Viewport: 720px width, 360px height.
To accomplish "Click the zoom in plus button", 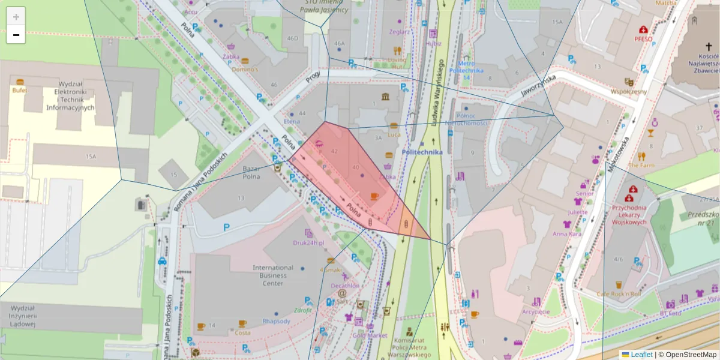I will pos(16,16).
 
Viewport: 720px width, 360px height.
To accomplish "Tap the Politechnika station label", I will pos(422,152).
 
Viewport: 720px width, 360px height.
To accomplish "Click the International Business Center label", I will pos(272,275).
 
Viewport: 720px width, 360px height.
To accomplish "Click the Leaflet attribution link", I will pos(641,355).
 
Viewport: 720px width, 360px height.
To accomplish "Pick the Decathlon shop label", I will pos(345,286).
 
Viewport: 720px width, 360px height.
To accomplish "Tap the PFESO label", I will pos(643,39).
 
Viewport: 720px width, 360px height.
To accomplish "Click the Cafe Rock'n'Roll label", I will pos(619,294).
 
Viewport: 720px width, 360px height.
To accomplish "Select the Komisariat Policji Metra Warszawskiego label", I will pos(409,347).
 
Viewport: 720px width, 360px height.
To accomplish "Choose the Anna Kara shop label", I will pos(567,234).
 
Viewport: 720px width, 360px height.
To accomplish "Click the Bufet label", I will pos(19,90).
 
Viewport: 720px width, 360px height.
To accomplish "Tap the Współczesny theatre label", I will pos(628,92).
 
